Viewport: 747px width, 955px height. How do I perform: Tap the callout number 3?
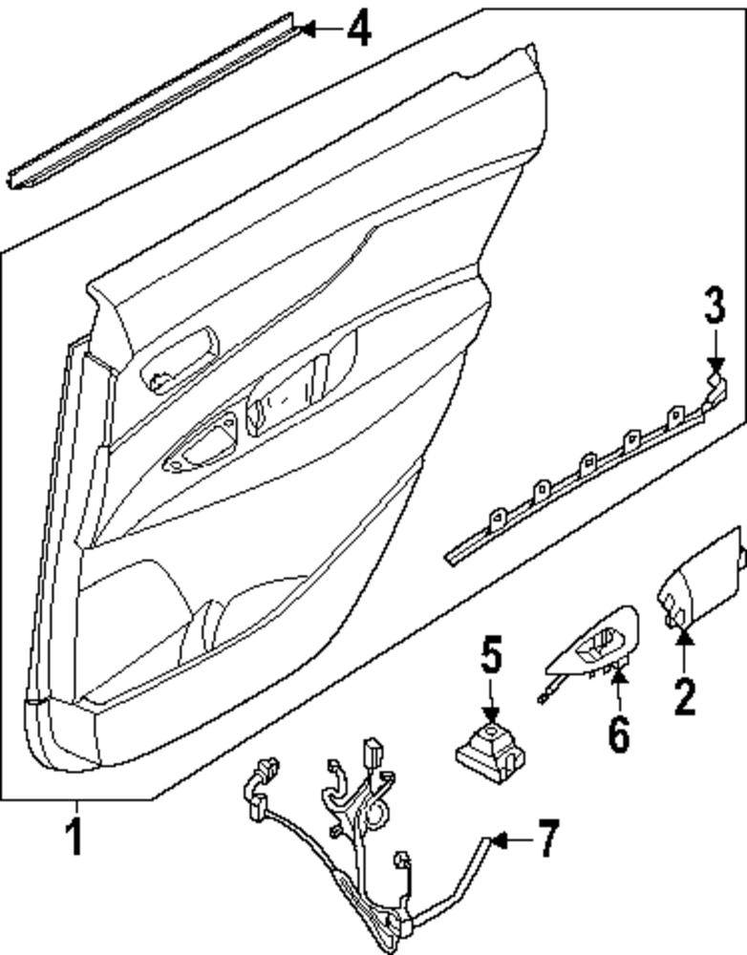715,308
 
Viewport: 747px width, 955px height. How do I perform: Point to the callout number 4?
358,29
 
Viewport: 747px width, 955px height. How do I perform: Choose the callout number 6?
618,733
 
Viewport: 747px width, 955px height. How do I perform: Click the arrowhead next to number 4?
306,29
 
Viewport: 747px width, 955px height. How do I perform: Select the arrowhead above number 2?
684,651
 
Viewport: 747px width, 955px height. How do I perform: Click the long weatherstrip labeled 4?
153,100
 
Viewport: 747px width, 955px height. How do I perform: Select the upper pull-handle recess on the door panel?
180,361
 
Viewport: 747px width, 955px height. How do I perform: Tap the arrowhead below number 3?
715,366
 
